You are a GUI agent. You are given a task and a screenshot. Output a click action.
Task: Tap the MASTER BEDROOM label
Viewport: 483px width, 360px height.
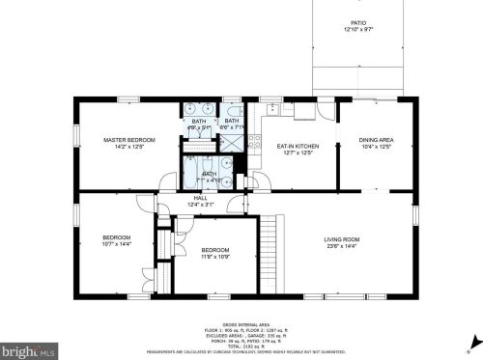click(128, 140)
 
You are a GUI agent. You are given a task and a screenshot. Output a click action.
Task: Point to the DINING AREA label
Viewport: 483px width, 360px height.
click(375, 140)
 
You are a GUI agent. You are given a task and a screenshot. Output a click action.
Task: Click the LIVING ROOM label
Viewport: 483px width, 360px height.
click(341, 238)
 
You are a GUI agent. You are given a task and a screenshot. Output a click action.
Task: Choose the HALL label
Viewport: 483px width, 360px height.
click(201, 197)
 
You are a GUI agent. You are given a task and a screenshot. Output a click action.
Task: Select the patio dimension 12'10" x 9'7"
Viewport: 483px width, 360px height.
click(358, 31)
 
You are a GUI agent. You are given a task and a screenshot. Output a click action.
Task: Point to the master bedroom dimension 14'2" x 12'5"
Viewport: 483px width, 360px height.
click(128, 146)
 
